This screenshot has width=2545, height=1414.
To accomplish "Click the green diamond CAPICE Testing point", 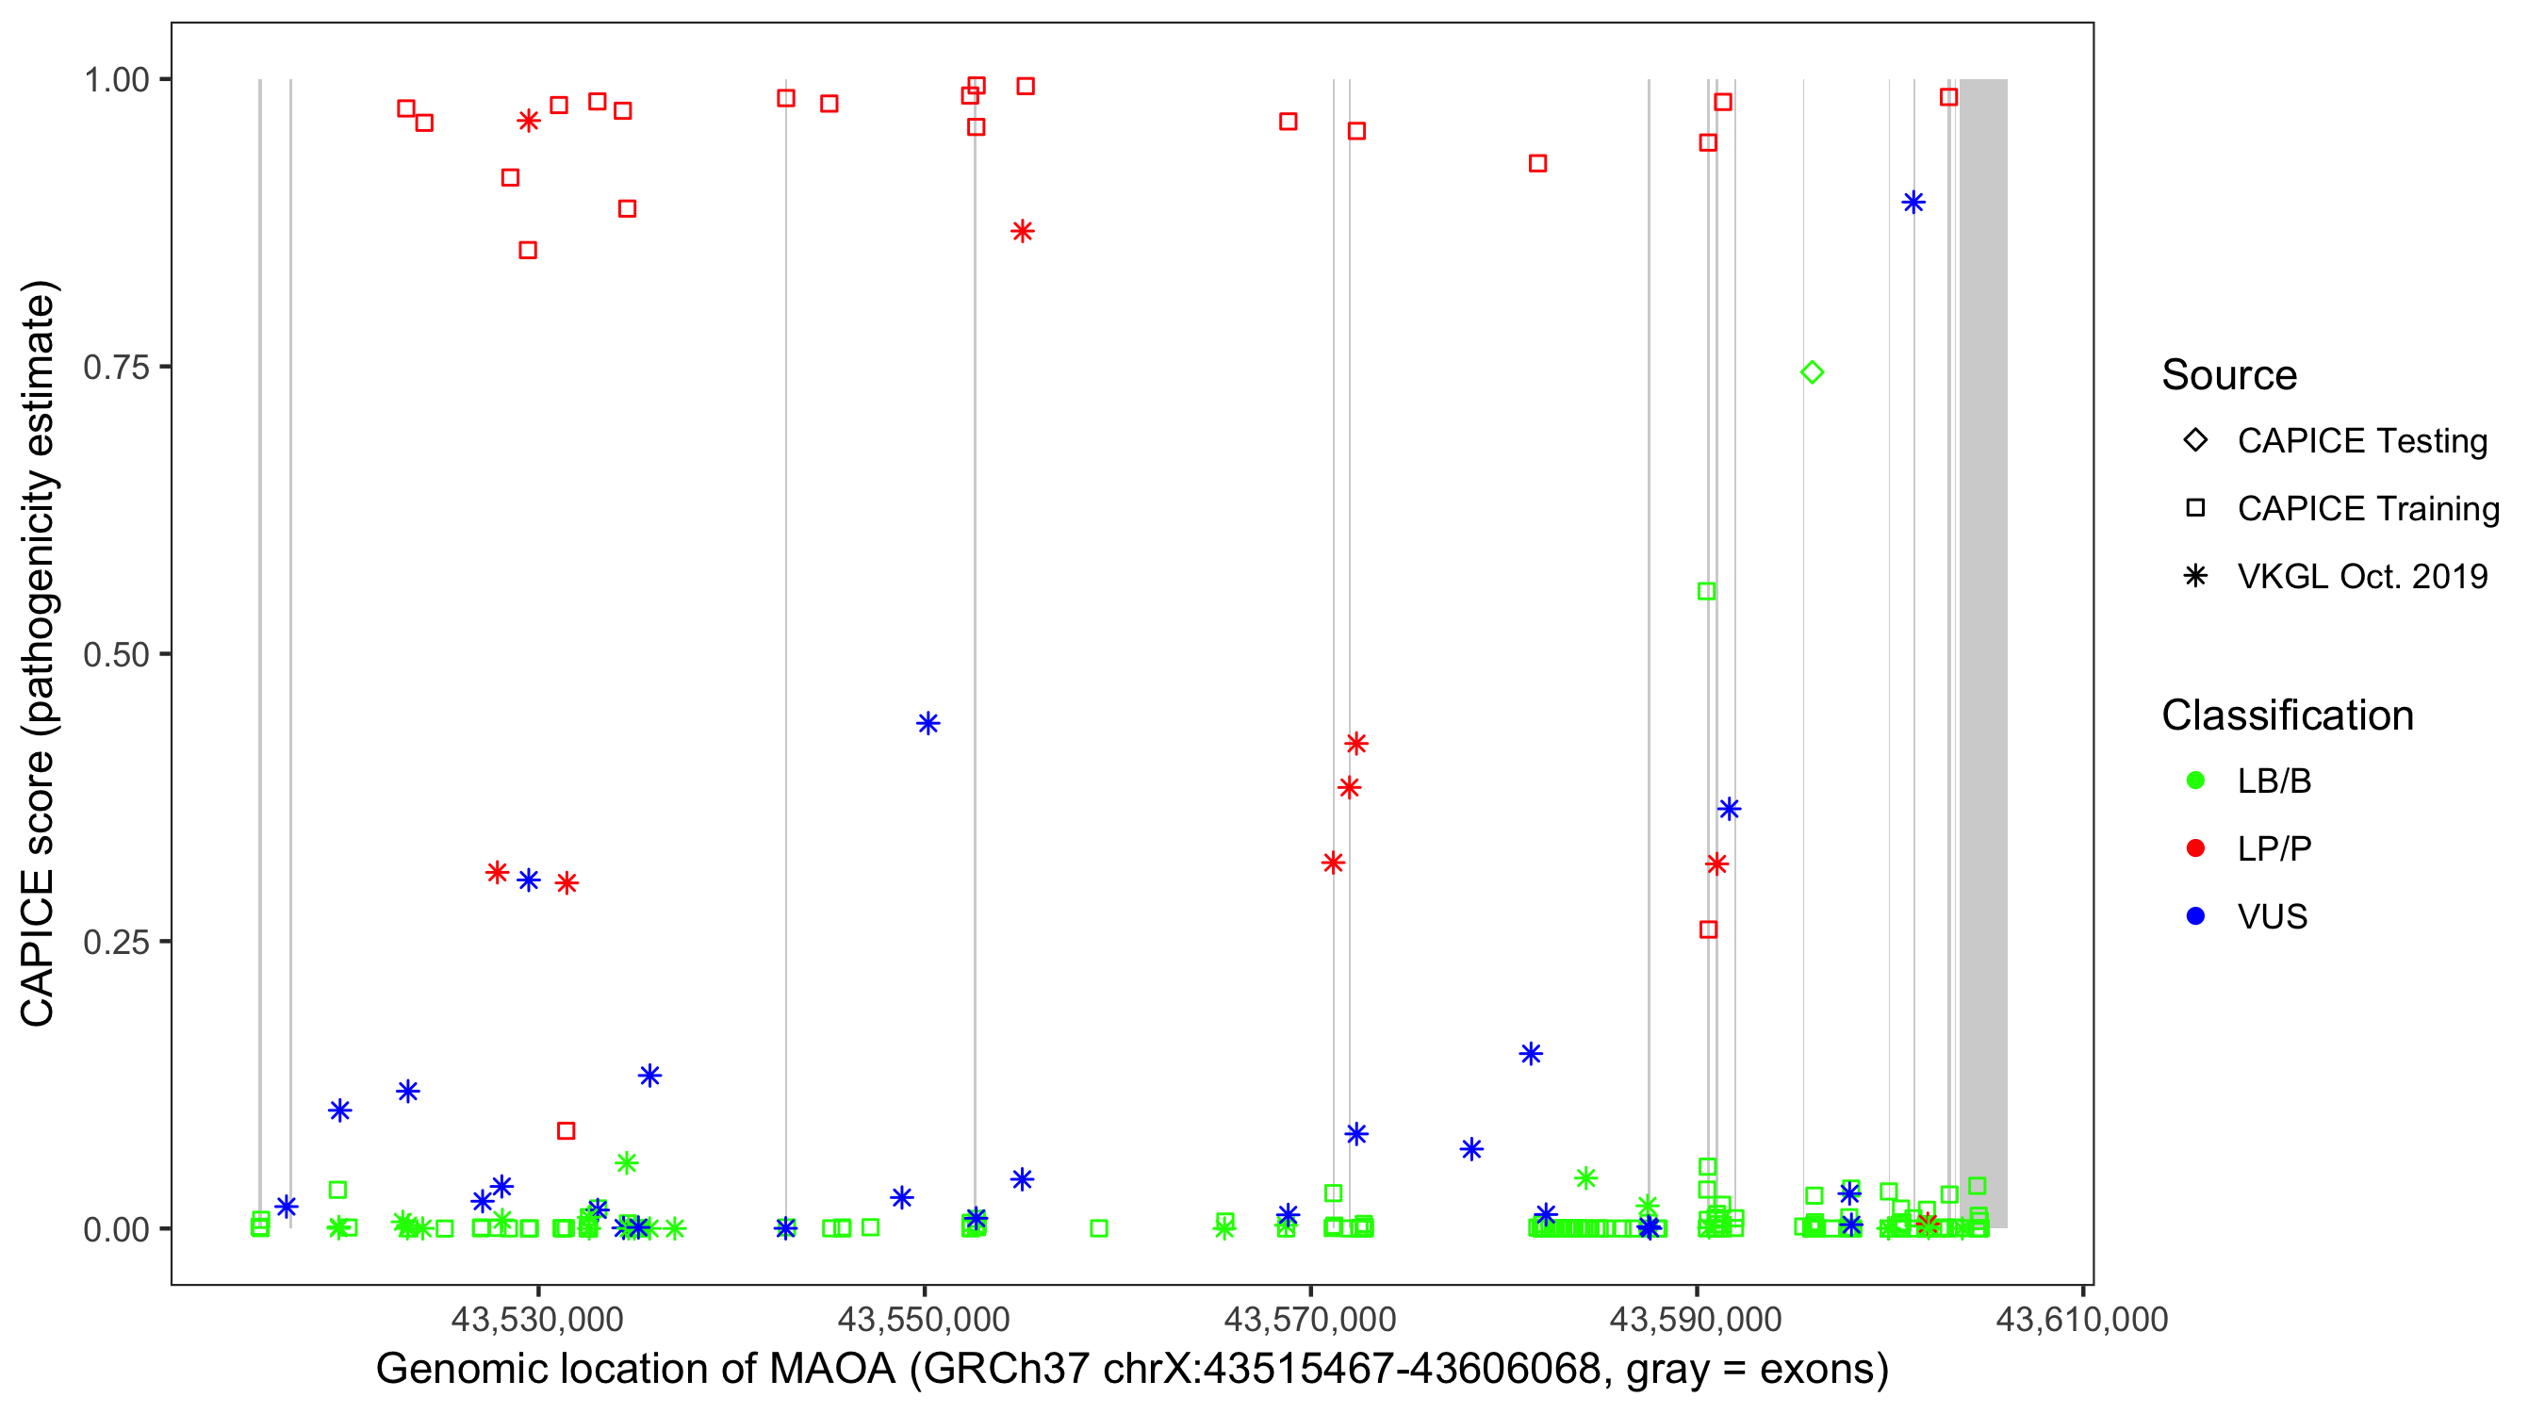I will click(1811, 372).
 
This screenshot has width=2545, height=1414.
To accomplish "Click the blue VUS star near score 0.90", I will click(1913, 203).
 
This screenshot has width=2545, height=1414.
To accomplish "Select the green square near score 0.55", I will click(1706, 591).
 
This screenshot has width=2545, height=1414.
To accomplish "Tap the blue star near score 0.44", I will click(927, 723).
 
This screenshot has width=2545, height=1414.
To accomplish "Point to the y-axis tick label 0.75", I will click(116, 368).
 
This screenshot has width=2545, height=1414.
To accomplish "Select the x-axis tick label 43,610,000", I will click(2081, 1319).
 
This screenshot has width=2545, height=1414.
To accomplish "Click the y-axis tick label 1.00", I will click(116, 80).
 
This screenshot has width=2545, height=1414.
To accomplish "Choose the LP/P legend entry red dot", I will click(2195, 848).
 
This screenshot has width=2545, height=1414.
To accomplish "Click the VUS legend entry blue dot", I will click(2195, 916).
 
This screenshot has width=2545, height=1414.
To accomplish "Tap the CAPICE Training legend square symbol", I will click(2195, 508).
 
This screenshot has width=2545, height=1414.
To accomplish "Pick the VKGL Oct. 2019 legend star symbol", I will click(2195, 576).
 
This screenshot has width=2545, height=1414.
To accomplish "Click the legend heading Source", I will click(2229, 375).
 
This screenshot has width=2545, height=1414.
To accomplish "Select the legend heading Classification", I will click(2286, 715).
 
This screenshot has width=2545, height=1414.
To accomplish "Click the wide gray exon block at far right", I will click(1983, 652).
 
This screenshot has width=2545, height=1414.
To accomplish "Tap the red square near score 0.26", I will click(1708, 929).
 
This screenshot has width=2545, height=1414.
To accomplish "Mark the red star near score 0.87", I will click(1022, 231).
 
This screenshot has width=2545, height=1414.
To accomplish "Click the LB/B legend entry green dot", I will click(2195, 781).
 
